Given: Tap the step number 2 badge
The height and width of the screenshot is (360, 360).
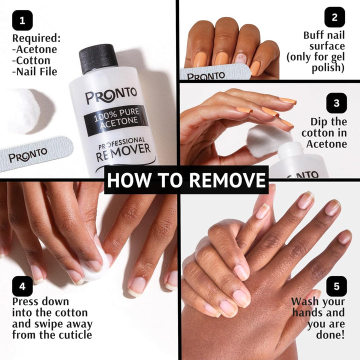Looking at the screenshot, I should pos(334,17).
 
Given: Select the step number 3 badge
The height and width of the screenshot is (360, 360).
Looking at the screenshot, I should pos(336,103).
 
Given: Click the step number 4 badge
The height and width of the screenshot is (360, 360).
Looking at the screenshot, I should pos(22,286).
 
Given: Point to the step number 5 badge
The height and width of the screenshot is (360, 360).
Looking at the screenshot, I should pos(336,286).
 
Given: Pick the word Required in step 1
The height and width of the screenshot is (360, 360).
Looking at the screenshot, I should pos(36,38).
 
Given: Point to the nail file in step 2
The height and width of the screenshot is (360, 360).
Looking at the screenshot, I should pos(215,74).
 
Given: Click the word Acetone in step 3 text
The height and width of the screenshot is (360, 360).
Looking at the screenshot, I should pos(326,144).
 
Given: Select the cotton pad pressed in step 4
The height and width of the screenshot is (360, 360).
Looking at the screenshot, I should pos(95,265).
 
